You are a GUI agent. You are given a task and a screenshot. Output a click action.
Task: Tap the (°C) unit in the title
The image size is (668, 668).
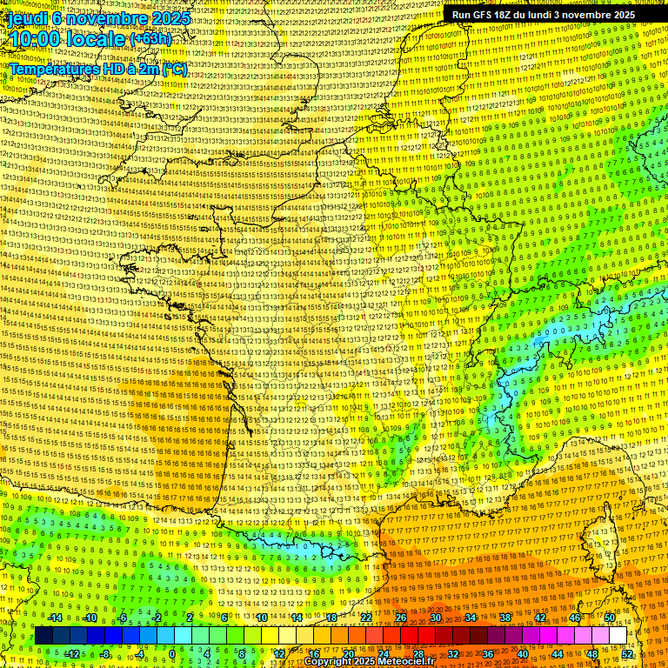tap(172, 68)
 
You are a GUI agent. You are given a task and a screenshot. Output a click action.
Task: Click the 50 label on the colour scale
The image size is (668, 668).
tap(610, 618)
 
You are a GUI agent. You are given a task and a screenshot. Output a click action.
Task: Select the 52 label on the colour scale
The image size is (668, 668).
tap(627, 653)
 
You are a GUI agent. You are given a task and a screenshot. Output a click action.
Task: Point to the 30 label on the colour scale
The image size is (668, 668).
tap(436, 618)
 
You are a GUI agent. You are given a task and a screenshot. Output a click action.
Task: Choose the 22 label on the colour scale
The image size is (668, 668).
tap(366, 618)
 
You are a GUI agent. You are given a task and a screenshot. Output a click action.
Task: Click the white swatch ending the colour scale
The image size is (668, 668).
tap(618, 635)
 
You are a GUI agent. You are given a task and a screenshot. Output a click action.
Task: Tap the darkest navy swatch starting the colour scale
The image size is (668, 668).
tap(44, 635)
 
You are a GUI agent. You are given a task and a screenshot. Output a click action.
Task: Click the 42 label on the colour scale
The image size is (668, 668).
tap(540, 618)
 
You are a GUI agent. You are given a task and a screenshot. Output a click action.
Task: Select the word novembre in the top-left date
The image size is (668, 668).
tap(101, 17)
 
